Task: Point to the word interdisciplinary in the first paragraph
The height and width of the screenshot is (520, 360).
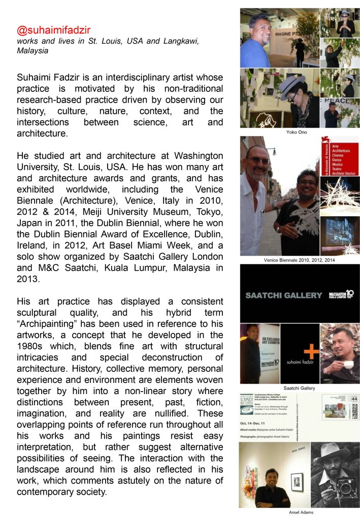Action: pos(140,77)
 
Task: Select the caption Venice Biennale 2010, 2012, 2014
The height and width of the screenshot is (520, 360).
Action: pos(299,260)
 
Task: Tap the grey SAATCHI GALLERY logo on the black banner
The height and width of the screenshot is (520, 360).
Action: pos(283,295)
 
